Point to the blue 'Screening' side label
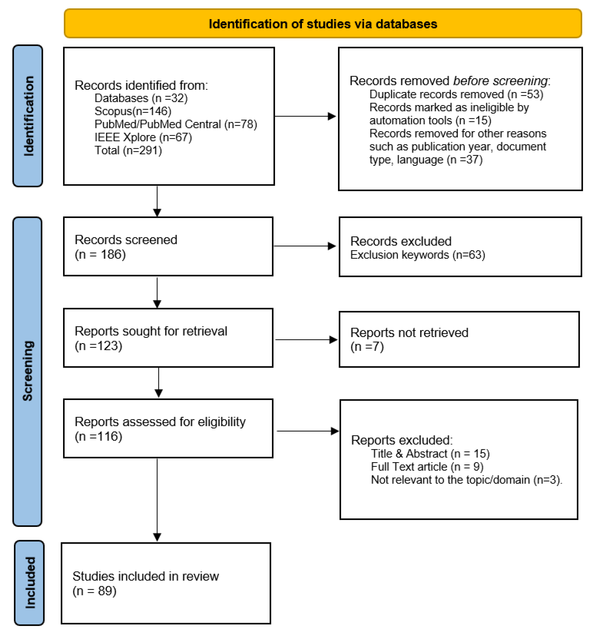(28, 371)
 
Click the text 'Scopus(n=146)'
(133, 111)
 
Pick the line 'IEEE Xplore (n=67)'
(143, 137)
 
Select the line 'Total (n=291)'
(128, 150)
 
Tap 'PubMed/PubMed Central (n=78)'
(175, 124)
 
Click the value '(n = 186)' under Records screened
(100, 254)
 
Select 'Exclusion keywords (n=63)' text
(417, 255)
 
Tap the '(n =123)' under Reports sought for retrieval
(99, 345)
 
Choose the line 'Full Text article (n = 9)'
(427, 466)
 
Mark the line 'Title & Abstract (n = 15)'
(430, 453)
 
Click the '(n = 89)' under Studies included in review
(94, 591)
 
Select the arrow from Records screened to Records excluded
(305, 246)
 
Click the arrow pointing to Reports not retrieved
(306, 339)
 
